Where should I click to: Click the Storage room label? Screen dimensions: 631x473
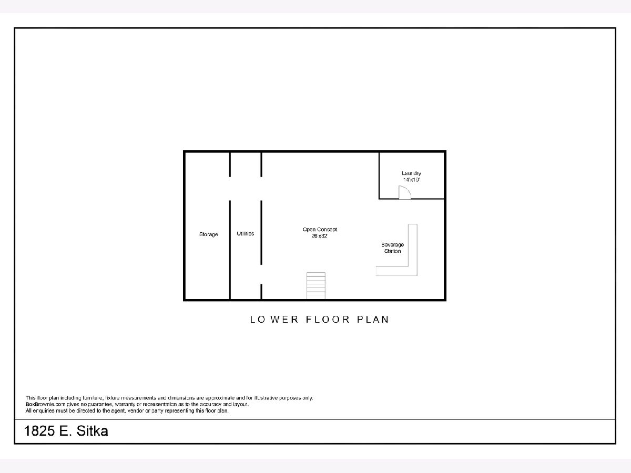coord(208,234)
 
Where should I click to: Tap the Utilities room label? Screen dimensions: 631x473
coord(245,233)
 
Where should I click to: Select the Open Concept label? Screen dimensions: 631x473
coord(320,230)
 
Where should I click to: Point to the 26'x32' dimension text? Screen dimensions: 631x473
coord(320,236)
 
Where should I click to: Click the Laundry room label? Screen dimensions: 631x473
coord(411,173)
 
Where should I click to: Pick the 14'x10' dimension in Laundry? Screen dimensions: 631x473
coord(411,180)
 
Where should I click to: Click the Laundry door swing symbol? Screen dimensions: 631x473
coord(404,192)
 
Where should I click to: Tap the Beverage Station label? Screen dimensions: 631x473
coord(392,248)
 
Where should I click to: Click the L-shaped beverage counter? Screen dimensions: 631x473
coord(413,271)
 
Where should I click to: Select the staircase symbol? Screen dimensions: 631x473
coord(316,286)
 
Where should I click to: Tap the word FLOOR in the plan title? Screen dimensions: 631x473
coord(328,320)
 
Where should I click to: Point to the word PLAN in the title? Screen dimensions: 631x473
coord(373,320)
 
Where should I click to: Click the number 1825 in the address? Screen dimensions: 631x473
coord(39,431)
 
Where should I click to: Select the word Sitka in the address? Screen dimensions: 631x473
coord(92,431)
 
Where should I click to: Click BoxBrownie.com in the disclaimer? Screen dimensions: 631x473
coord(45,404)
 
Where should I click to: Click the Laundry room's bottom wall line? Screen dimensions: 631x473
coord(412,199)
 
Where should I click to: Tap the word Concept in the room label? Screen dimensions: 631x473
coord(327,230)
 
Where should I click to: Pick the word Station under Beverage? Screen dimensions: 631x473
coord(392,251)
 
